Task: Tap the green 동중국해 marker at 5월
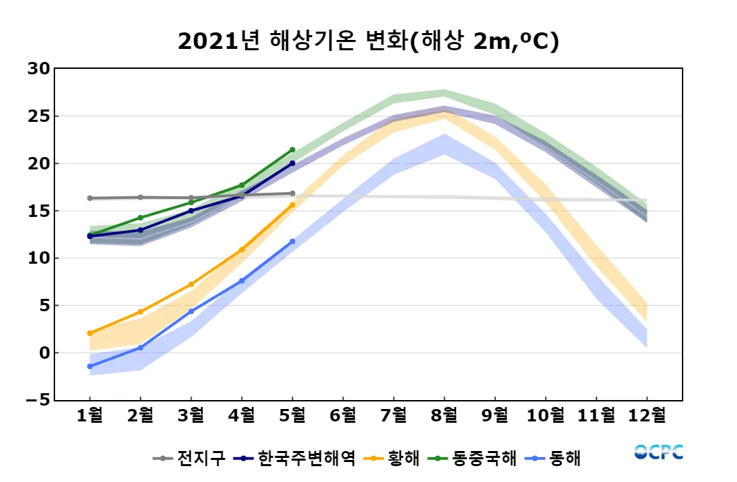[292, 149]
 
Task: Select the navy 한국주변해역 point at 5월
[292, 163]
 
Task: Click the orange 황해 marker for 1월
[90, 333]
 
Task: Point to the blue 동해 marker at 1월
[90, 366]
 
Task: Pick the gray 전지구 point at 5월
[292, 193]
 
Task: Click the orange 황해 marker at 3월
[191, 284]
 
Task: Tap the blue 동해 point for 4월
[242, 281]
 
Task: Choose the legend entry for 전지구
[189, 458]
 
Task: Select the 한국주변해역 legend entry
[296, 458]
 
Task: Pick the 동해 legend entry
[558, 458]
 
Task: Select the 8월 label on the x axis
[444, 415]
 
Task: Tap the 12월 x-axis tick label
[647, 415]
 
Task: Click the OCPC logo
[659, 452]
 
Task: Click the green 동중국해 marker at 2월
[141, 218]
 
